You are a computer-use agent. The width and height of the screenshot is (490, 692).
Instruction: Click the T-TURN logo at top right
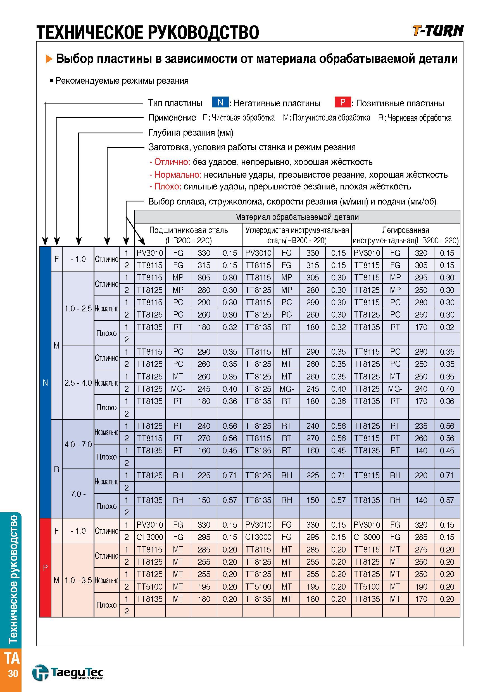438,31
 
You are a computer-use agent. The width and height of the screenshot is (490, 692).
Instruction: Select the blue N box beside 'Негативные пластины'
220,102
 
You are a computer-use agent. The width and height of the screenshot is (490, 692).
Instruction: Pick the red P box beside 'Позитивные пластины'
343,102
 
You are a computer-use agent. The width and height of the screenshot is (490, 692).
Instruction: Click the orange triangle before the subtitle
49,59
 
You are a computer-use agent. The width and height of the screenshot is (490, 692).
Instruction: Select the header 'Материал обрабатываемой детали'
297,217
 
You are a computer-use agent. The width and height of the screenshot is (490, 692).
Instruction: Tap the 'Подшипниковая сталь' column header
189,230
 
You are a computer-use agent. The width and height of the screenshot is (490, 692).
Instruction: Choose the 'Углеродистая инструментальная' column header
297,230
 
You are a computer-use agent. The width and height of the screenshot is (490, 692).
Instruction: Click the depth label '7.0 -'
78,494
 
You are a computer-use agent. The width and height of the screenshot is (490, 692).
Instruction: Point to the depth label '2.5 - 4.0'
78,383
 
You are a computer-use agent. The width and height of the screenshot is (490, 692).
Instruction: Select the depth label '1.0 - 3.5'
78,580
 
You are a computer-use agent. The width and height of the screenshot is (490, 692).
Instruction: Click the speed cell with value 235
421,426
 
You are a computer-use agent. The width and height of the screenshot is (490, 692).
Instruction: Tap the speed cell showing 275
421,550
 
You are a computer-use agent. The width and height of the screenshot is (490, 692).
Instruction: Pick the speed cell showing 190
421,587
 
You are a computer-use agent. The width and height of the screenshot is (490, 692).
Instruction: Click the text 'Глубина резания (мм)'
191,133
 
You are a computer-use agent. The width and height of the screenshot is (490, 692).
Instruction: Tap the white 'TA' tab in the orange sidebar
12,659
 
